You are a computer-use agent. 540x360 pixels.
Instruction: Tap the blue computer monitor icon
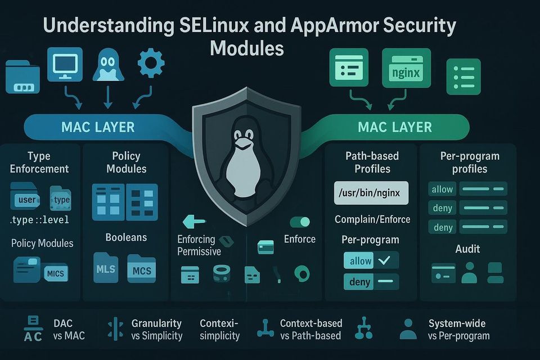[x=65, y=64]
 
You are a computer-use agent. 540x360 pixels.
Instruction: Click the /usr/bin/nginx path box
[x=371, y=193]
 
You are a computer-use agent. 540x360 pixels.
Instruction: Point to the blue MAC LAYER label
[x=98, y=127]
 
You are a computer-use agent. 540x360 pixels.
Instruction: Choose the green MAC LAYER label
[x=394, y=127]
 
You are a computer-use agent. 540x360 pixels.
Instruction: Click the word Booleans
[x=126, y=237]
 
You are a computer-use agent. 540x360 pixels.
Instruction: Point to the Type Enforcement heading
[x=39, y=163]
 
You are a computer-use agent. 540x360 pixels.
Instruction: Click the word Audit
[x=467, y=249]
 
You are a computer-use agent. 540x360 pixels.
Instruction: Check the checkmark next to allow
[x=384, y=260]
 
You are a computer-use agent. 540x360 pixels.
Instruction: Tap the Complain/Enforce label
[x=372, y=219]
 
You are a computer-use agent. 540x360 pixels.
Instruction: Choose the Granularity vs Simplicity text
[x=156, y=330]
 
